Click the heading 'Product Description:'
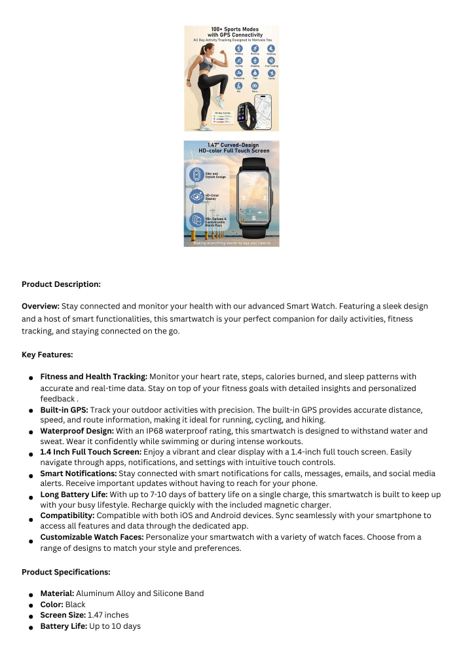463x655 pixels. (62, 284)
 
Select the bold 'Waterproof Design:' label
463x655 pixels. (77, 431)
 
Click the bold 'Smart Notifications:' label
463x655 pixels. (79, 472)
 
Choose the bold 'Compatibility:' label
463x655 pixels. (67, 515)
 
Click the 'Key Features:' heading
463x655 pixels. (47, 354)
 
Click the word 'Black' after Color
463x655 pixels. (75, 604)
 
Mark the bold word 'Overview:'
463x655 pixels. (41, 306)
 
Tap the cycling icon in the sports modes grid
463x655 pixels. (239, 60)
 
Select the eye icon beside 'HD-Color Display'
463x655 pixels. (196, 196)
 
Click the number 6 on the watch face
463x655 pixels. (253, 217)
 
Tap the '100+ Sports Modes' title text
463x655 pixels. (233, 29)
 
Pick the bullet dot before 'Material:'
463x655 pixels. (31, 594)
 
